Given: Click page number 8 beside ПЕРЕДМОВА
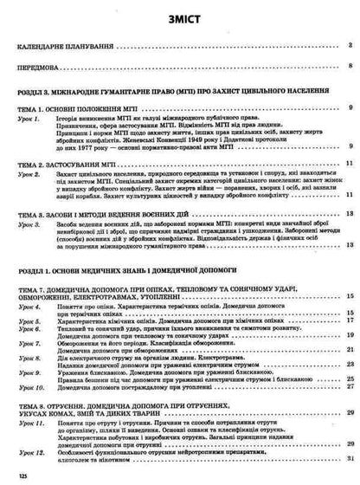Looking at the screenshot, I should tap(348, 66).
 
